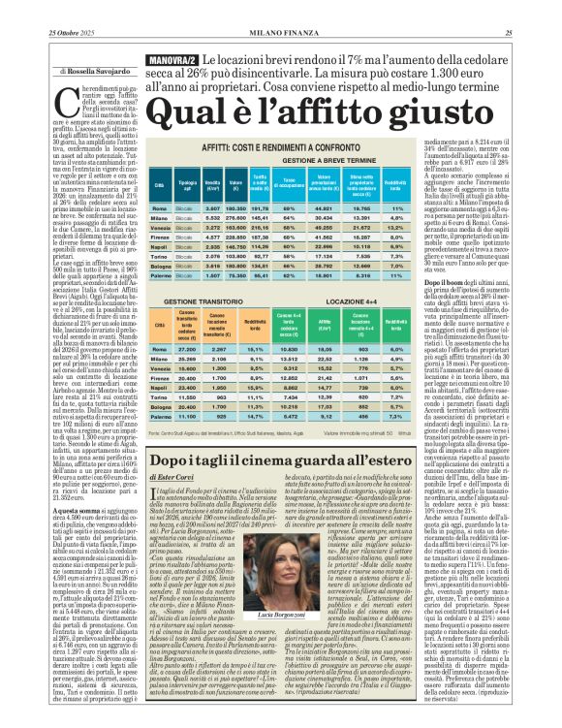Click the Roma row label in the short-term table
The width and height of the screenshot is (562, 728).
[x=157, y=208]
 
